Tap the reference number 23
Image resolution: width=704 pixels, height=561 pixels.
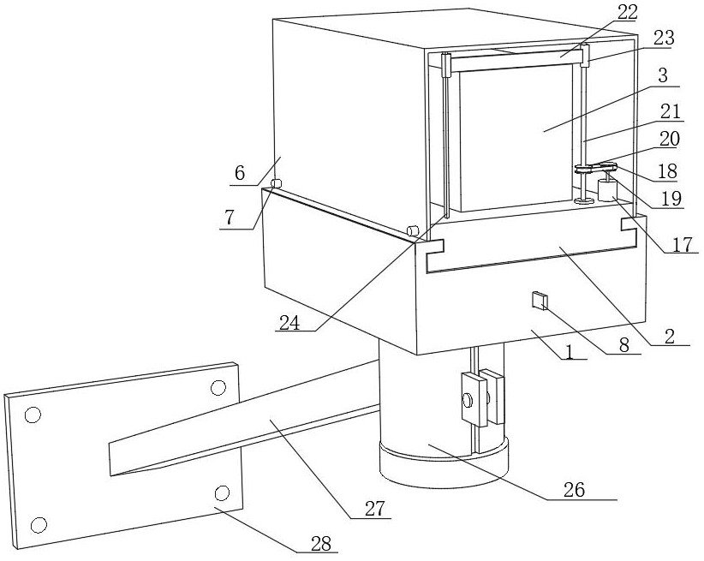[662, 38]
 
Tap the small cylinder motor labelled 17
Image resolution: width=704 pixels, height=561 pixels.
[608, 188]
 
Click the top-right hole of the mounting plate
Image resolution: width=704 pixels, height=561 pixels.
[218, 388]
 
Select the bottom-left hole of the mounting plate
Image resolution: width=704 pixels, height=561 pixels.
[37, 524]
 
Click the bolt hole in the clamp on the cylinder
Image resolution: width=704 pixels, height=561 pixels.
[468, 399]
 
